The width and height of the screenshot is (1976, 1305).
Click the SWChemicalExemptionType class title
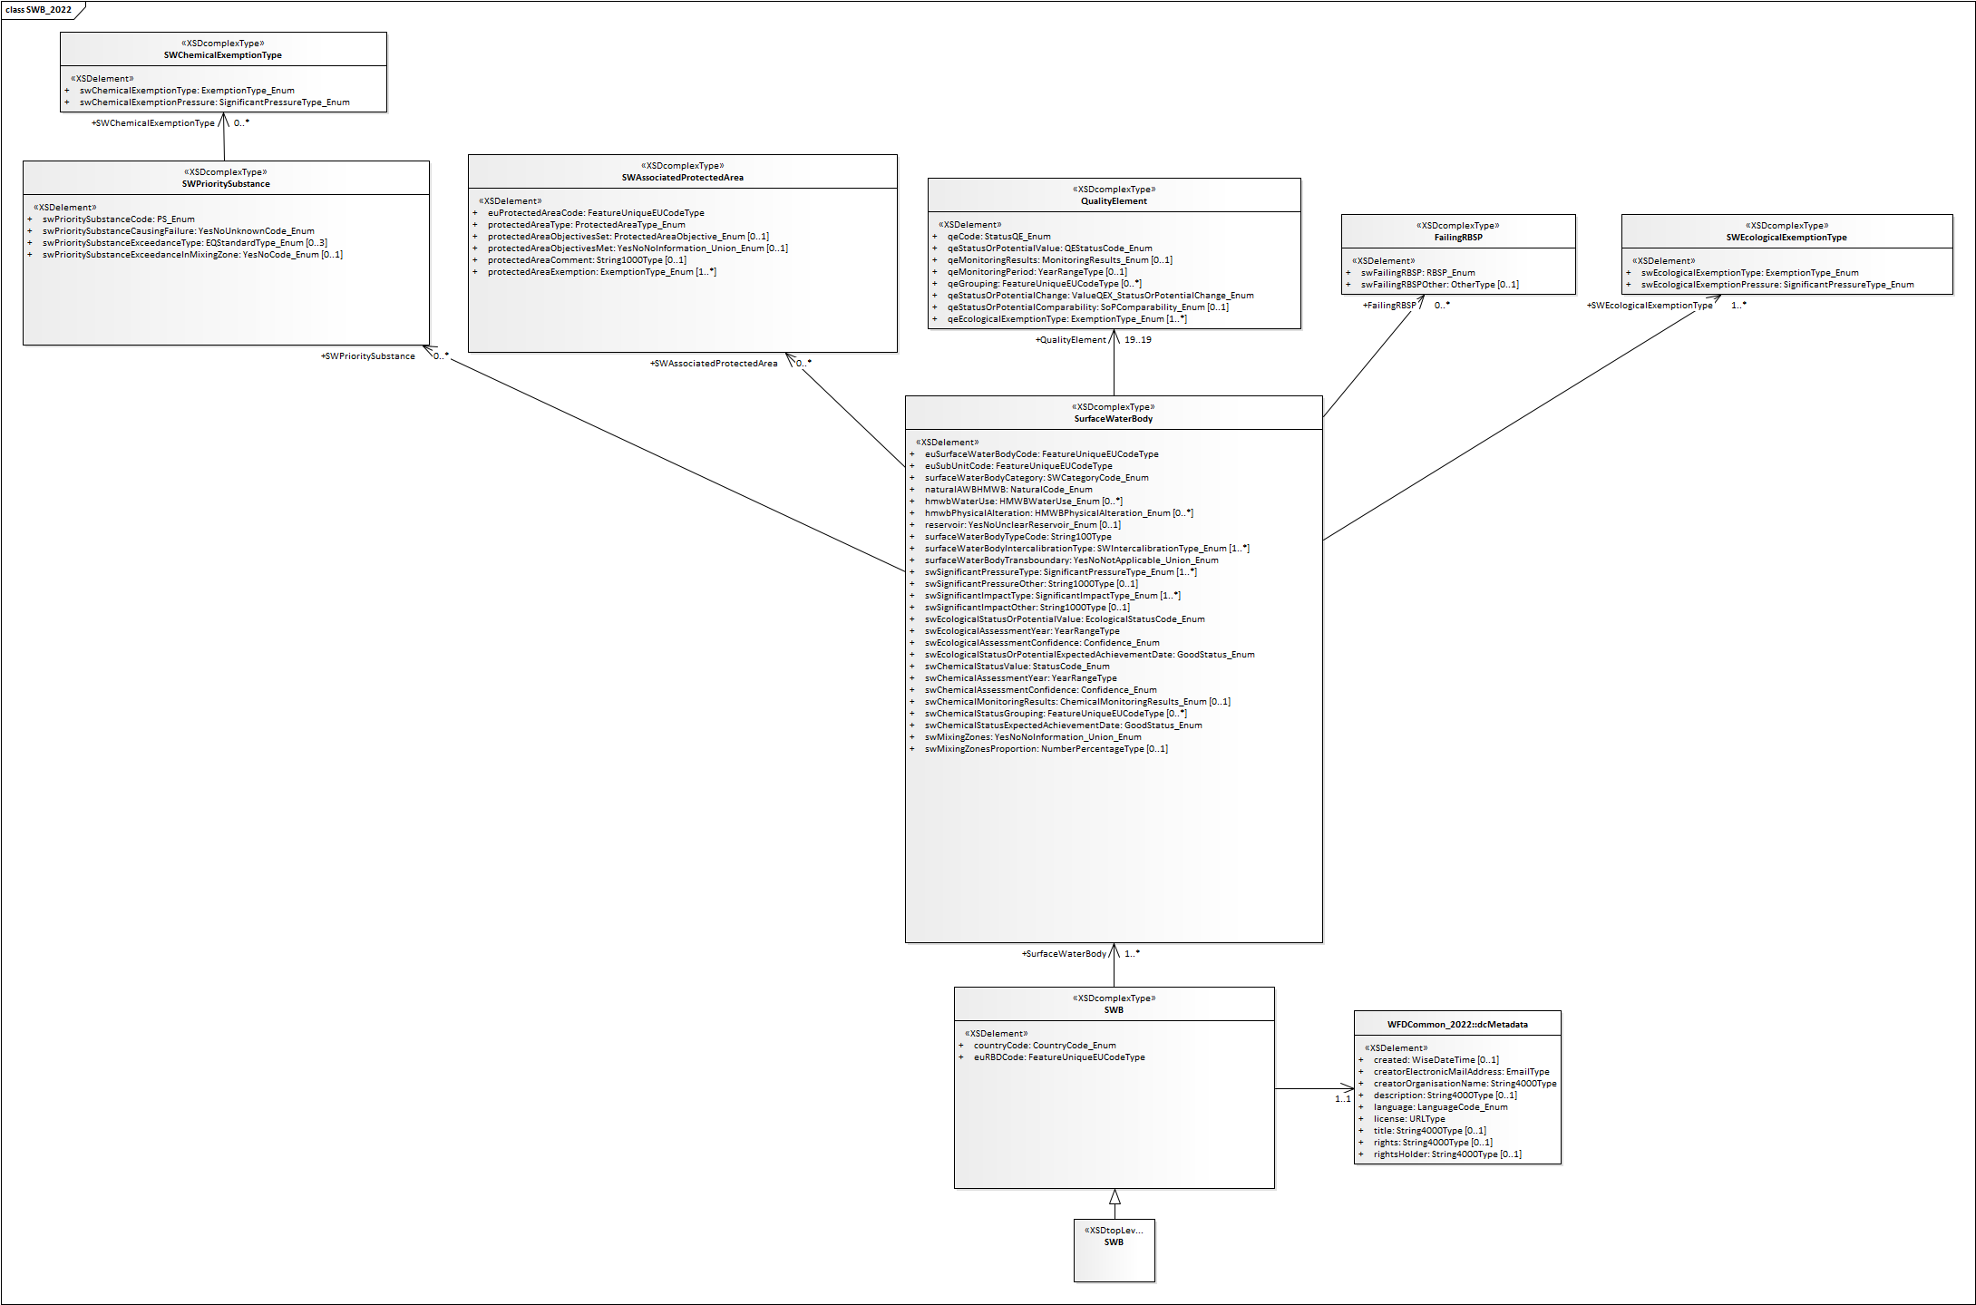click(222, 55)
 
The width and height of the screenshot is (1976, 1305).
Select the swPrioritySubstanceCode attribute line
click(118, 219)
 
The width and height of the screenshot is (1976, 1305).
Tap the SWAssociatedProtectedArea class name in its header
click(682, 178)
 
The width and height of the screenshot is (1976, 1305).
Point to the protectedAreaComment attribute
click(586, 260)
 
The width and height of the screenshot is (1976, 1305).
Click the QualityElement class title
click(1113, 201)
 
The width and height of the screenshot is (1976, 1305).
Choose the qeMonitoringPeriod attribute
click(1037, 272)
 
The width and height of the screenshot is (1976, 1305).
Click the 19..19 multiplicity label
click(1137, 340)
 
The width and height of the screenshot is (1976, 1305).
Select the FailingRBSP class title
click(1457, 238)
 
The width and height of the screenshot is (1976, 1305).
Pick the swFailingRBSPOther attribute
click(1438, 285)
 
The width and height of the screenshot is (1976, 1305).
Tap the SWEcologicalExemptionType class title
click(1786, 238)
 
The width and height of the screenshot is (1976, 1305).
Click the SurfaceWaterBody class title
click(1113, 419)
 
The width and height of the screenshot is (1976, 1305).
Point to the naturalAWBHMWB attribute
click(1007, 490)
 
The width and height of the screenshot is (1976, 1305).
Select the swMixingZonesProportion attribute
click(1046, 749)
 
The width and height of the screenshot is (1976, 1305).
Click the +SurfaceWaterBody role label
click(1064, 954)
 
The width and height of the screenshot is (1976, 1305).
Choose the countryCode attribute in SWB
click(1044, 1046)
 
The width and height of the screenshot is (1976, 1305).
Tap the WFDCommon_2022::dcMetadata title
click(1456, 1025)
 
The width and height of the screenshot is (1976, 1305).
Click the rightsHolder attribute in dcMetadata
click(1446, 1154)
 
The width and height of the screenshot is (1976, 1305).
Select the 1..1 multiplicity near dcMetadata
click(1342, 1099)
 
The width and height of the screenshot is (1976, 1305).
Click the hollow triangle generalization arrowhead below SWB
click(1115, 1197)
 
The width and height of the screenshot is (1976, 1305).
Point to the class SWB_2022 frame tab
click(40, 10)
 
